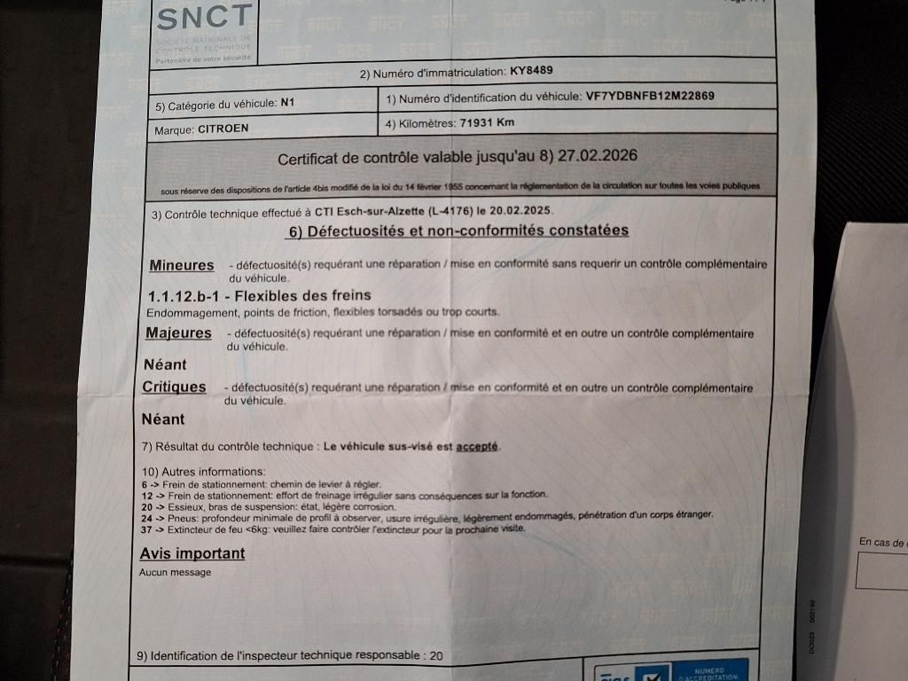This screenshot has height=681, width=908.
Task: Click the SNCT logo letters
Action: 203,18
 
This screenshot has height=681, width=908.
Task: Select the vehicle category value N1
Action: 286,103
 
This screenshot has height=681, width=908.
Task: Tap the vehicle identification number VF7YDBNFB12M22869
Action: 650,96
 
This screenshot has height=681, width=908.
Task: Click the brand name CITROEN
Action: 223,128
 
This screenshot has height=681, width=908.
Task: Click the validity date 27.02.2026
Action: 599,155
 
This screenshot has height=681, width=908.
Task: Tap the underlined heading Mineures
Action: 182,265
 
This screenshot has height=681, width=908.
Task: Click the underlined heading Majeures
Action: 178,333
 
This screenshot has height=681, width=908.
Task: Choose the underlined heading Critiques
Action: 174,387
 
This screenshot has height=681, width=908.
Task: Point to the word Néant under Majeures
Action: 165,364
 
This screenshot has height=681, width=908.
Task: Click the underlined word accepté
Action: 477,447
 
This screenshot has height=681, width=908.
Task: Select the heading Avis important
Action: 192,553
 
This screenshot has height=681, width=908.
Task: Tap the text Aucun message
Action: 176,573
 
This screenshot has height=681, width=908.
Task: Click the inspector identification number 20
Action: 435,656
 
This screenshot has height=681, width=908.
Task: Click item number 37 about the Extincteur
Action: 147,529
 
